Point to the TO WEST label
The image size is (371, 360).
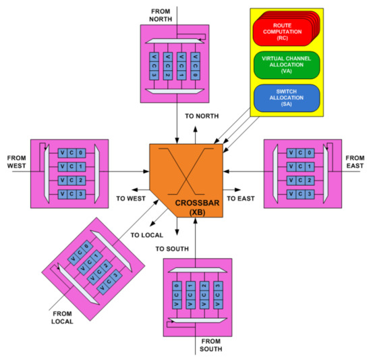pos(131,199)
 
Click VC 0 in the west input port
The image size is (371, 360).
pos(71,153)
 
